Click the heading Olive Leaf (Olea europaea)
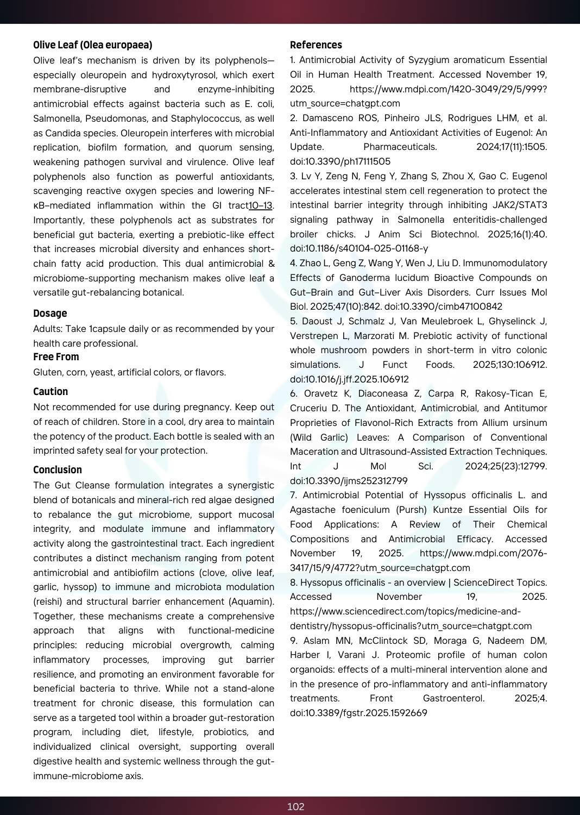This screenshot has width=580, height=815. pyautogui.click(x=92, y=45)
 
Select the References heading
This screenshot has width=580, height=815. pyautogui.click(x=316, y=45)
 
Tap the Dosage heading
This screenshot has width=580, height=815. pyautogui.click(x=50, y=314)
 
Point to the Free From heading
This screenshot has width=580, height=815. pyautogui.click(x=56, y=357)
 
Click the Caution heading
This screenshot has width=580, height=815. pyautogui.click(x=51, y=392)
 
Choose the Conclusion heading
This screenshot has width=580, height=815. pyautogui.click(x=58, y=470)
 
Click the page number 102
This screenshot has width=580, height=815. pyautogui.click(x=295, y=807)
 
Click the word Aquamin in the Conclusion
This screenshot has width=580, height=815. pyautogui.click(x=254, y=601)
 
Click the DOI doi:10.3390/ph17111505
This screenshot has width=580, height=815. pyautogui.click(x=340, y=161)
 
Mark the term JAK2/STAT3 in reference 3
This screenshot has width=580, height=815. pyautogui.click(x=520, y=205)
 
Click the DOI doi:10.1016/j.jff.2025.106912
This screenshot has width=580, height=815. pyautogui.click(x=349, y=379)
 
